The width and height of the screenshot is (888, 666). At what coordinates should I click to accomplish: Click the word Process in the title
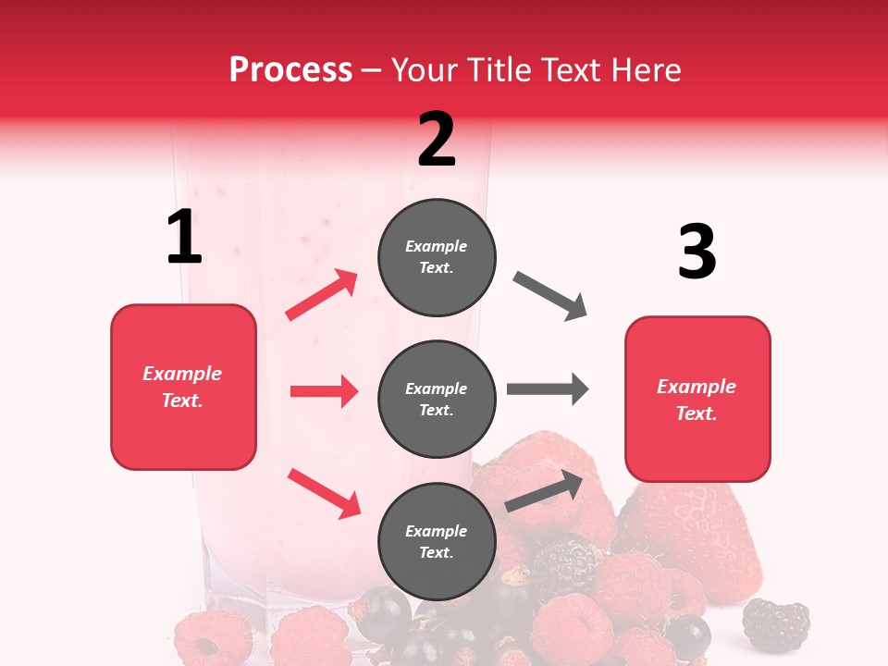tap(290, 70)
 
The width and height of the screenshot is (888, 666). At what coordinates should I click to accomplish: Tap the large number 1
tap(184, 237)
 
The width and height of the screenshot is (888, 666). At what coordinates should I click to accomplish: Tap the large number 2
tap(437, 140)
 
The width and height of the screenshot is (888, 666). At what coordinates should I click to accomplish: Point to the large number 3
tap(697, 251)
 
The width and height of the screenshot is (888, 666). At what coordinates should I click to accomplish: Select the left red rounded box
tap(183, 387)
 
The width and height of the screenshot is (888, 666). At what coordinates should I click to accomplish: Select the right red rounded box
tap(697, 399)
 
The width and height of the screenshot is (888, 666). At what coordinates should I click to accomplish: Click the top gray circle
tap(437, 257)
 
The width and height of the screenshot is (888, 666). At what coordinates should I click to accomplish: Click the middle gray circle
tap(437, 399)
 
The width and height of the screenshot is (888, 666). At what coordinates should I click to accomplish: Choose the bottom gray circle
tap(437, 541)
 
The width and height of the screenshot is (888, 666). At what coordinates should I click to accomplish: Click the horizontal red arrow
tap(324, 391)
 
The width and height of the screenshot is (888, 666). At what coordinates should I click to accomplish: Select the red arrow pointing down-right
tap(324, 493)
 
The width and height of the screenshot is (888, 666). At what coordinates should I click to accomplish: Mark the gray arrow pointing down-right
tap(550, 296)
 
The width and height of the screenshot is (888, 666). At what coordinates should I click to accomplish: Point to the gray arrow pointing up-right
tap(544, 491)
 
